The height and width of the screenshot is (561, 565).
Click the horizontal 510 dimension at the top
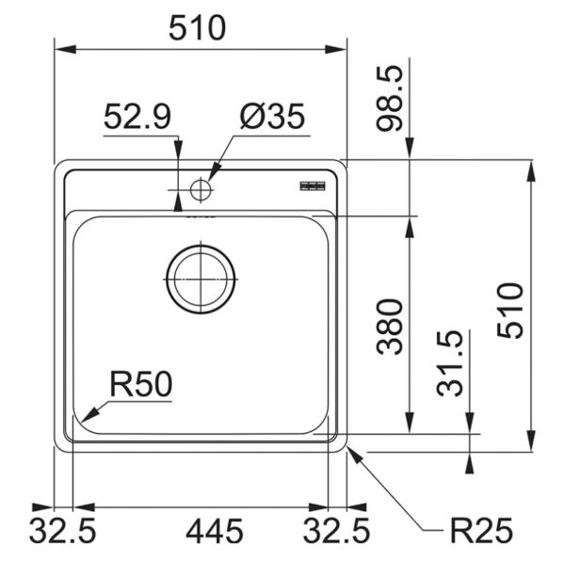point(198,28)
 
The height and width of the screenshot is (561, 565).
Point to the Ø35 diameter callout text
point(271,118)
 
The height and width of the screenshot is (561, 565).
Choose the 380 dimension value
point(390,326)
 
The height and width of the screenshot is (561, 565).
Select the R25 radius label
point(480,533)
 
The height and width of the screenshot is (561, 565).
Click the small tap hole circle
point(200,189)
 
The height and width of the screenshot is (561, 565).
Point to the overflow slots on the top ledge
point(313,186)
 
